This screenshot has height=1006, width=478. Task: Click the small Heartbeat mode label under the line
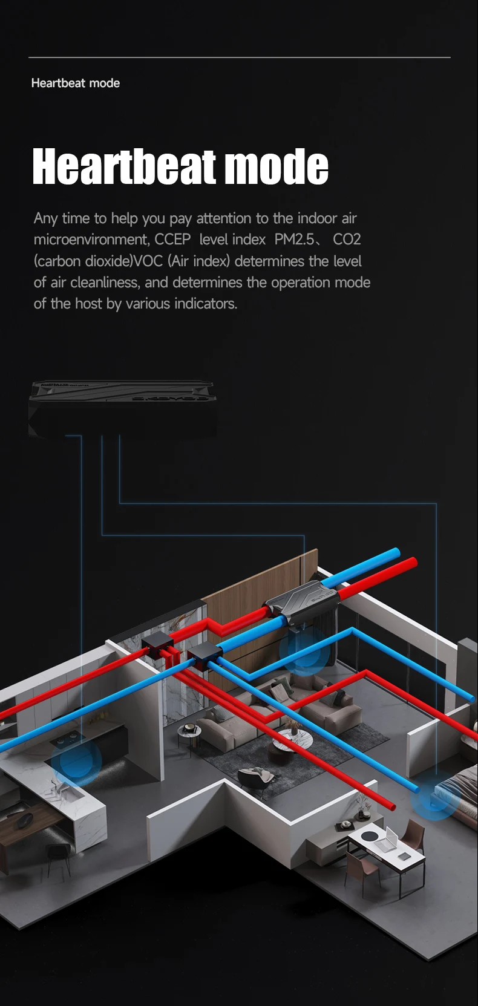76,83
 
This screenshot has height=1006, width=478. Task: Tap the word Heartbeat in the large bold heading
124,166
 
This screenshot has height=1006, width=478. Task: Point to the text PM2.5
294,240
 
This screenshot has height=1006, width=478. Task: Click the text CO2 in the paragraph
347,240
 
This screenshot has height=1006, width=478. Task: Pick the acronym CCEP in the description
172,240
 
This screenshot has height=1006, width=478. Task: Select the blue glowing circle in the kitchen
76,761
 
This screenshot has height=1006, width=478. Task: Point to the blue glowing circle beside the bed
435,798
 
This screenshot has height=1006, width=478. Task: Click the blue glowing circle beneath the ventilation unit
304,650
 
